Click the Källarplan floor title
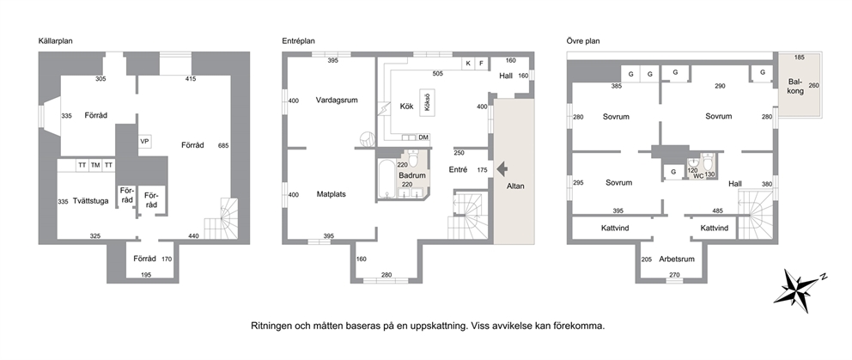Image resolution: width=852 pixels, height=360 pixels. point(56,40)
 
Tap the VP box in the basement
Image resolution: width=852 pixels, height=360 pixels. point(144,142)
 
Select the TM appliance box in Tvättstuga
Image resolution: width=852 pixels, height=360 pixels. point(95,165)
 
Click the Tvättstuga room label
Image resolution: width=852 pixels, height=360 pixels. point(91,201)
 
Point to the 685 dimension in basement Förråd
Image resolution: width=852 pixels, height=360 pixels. point(223,146)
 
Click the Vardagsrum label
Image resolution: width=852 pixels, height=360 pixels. point(337,100)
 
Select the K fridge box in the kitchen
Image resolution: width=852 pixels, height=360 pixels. point(468,64)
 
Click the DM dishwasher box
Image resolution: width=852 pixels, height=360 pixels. point(423,137)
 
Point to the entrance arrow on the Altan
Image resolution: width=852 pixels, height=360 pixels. point(502,169)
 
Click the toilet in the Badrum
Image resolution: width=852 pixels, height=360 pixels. point(413,159)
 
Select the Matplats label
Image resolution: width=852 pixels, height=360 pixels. point(332,194)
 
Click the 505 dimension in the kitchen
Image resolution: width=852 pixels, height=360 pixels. point(437,74)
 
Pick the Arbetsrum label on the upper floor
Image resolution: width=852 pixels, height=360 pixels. point(676,259)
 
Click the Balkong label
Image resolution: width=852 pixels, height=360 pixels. point(795,87)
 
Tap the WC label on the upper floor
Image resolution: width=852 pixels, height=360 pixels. point(699,175)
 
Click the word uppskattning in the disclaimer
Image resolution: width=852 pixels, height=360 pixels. point(435,326)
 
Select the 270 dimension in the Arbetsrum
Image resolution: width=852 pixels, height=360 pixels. point(674,275)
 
